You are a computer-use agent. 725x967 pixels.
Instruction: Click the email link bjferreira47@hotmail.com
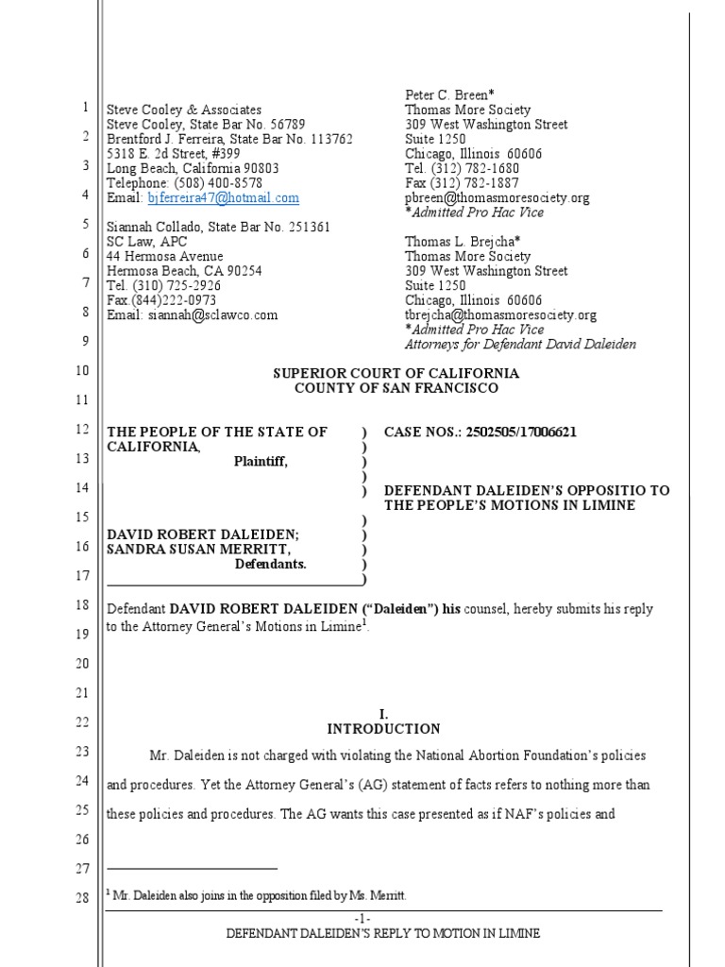(x=224, y=198)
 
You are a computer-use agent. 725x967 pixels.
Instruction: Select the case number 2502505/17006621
(x=521, y=433)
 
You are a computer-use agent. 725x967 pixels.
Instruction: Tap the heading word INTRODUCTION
(x=383, y=729)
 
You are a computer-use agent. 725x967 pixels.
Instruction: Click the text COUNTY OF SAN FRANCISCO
(x=396, y=388)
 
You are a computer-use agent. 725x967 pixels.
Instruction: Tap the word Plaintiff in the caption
(x=261, y=462)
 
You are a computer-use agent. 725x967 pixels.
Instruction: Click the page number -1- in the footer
(x=363, y=919)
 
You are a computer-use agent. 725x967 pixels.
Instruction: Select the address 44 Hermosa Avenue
(x=165, y=257)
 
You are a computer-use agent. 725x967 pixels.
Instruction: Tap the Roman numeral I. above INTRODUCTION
(x=383, y=715)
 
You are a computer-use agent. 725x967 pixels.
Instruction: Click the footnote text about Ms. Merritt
(x=260, y=896)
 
